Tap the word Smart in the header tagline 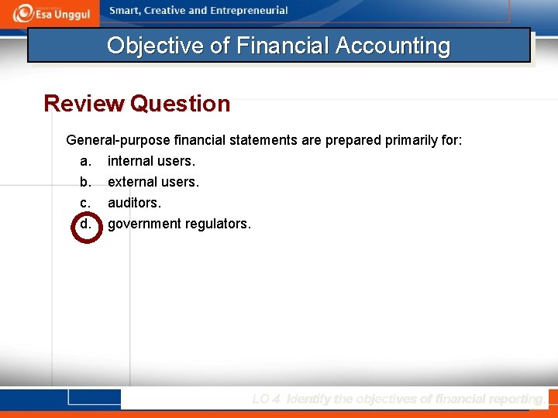coord(126,11)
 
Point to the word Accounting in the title coord(393,46)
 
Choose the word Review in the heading coord(84,104)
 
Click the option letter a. coord(85,162)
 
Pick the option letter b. coord(85,183)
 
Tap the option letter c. coord(85,204)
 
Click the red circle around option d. coord(86,224)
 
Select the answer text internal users coord(151,162)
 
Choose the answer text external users coord(153,183)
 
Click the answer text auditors coord(134,204)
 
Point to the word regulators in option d coord(221,224)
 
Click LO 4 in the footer coord(267,399)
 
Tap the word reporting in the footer coord(512,399)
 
